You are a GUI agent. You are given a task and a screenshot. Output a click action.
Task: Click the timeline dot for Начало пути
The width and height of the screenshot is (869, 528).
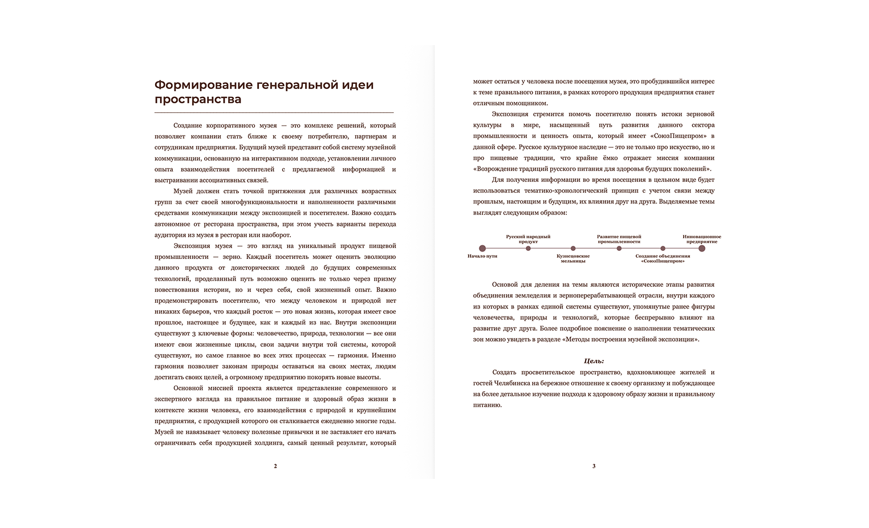point(482,248)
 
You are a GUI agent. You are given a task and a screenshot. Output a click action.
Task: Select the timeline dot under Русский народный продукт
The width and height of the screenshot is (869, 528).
point(528,248)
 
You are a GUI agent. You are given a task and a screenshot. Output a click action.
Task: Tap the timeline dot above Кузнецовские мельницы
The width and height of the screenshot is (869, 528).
point(573,248)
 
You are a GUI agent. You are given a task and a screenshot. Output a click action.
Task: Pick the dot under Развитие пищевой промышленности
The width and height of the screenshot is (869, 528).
point(619,248)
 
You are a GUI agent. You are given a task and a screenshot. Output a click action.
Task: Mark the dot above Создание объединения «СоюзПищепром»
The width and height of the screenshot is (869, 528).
point(663,248)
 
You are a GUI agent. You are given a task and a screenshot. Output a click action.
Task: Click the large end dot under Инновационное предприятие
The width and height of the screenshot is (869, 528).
point(702,248)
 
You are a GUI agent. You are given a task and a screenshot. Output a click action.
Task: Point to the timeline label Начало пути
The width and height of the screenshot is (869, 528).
point(482,256)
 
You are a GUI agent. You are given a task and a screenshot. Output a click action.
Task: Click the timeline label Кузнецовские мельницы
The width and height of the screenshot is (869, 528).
point(573,258)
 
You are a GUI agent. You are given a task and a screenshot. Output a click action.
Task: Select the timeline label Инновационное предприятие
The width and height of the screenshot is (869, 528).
point(702,239)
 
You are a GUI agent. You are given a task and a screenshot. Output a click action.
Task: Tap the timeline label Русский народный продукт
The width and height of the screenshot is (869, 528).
point(528,239)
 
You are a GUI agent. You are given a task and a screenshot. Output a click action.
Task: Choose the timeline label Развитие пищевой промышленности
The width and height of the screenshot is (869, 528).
point(619,239)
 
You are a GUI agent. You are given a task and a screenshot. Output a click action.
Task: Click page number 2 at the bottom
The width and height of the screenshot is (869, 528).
point(275,466)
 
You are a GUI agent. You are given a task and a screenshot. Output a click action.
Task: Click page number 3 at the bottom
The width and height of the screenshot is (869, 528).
point(594,466)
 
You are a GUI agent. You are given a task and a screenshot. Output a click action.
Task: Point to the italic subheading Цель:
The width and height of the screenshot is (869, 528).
point(594,361)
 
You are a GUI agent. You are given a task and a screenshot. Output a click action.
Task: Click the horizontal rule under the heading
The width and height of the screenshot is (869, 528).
point(274,112)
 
